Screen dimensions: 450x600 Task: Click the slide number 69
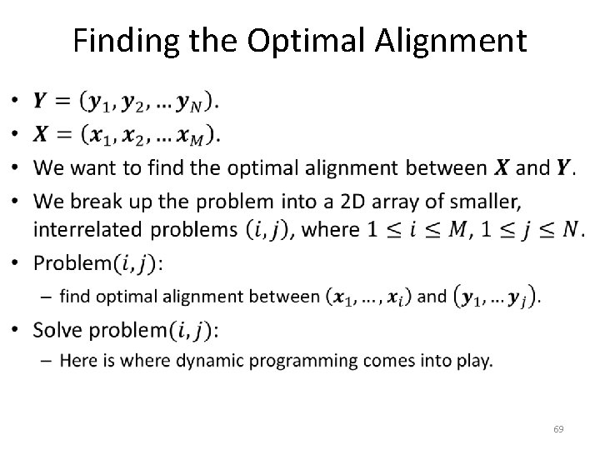tap(558, 429)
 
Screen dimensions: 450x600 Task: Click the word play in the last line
tap(476, 362)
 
